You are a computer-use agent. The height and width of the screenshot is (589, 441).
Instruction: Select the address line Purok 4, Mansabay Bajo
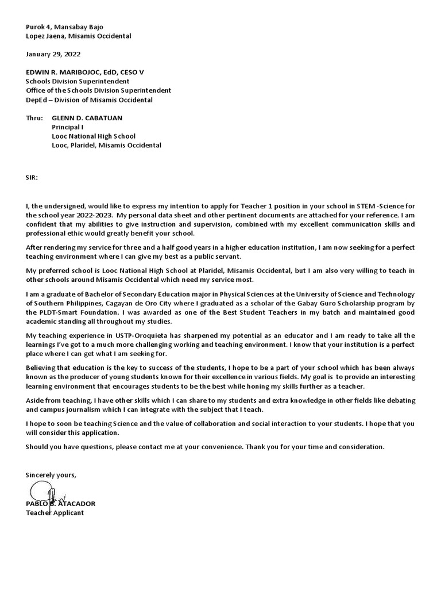(x=65, y=26)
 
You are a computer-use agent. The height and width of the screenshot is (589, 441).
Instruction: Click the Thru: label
(x=34, y=117)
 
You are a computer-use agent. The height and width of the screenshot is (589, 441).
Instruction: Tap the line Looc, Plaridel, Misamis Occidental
(x=106, y=145)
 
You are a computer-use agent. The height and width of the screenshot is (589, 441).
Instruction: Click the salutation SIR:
(x=32, y=177)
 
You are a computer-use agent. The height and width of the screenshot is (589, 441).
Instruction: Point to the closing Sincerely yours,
(x=51, y=475)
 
